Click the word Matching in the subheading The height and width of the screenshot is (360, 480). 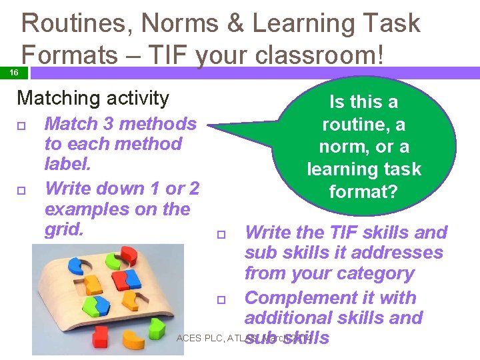pos(48,99)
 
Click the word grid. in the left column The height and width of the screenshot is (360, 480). pos(64,229)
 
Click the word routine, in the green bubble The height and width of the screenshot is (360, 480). pos(364,125)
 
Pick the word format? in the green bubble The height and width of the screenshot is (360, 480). pos(364,192)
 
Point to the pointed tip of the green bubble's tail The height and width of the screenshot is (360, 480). pos(208,125)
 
